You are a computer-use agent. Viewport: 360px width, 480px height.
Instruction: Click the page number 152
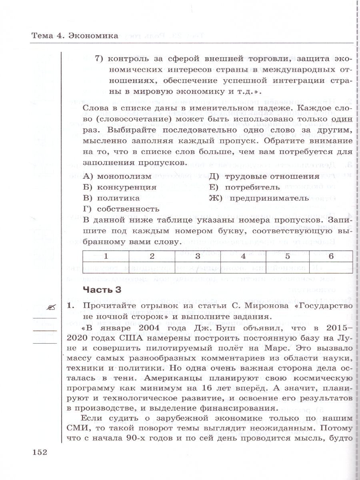pyautogui.click(x=40, y=452)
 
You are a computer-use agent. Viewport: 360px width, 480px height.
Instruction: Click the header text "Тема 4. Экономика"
pyautogui.click(x=75, y=36)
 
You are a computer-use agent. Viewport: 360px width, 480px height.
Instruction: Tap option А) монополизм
pyautogui.click(x=117, y=176)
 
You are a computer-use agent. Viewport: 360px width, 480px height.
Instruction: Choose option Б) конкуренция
pyautogui.click(x=120, y=187)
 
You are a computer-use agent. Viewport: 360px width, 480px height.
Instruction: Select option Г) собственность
pyautogui.click(x=121, y=208)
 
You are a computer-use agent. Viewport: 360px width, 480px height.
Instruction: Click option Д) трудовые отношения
pyautogui.click(x=264, y=176)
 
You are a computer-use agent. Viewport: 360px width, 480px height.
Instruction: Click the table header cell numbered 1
pyautogui.click(x=106, y=256)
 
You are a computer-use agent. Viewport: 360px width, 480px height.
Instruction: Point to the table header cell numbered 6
pyautogui.click(x=331, y=256)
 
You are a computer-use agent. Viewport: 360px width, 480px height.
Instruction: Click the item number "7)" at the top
pyautogui.click(x=100, y=59)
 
